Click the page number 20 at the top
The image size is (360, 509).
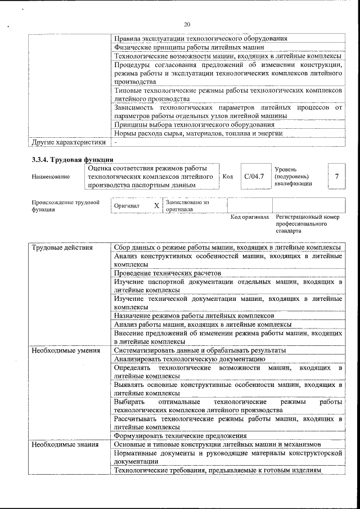[187, 24]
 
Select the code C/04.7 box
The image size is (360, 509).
[254, 177]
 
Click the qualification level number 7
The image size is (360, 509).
[336, 177]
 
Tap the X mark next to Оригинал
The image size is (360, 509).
[156, 206]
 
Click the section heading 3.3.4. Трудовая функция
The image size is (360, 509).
[69, 160]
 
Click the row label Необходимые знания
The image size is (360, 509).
[61, 444]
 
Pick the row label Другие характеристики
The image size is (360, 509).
[69, 142]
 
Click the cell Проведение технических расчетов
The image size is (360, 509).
[166, 273]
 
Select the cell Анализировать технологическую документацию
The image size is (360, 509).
[189, 358]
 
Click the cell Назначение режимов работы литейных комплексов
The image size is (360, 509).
[193, 316]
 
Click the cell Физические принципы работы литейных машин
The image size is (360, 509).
[185, 48]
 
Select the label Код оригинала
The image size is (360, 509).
[249, 217]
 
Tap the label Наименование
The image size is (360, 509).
[51, 177]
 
